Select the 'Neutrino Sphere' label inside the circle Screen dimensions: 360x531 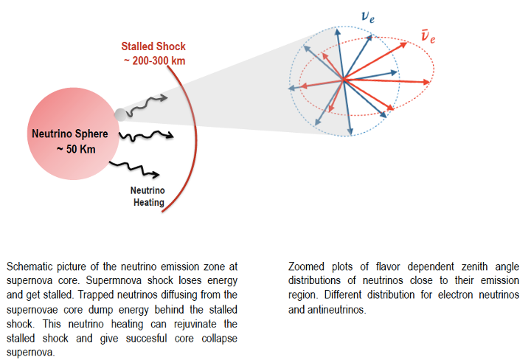tap(69, 134)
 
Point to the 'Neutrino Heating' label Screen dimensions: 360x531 tap(147, 195)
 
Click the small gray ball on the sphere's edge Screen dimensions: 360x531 tap(119, 114)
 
